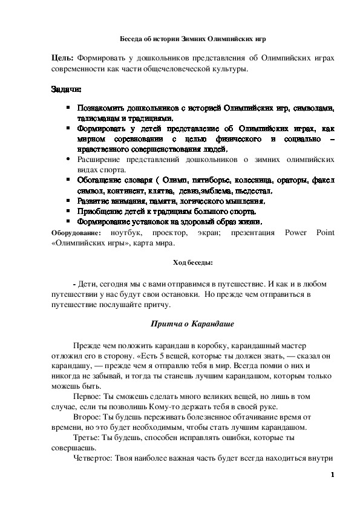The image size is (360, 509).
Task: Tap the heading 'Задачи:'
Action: [65, 89]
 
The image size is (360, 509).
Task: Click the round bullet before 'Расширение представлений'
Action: [68, 159]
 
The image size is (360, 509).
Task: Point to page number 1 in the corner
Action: [333, 475]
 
